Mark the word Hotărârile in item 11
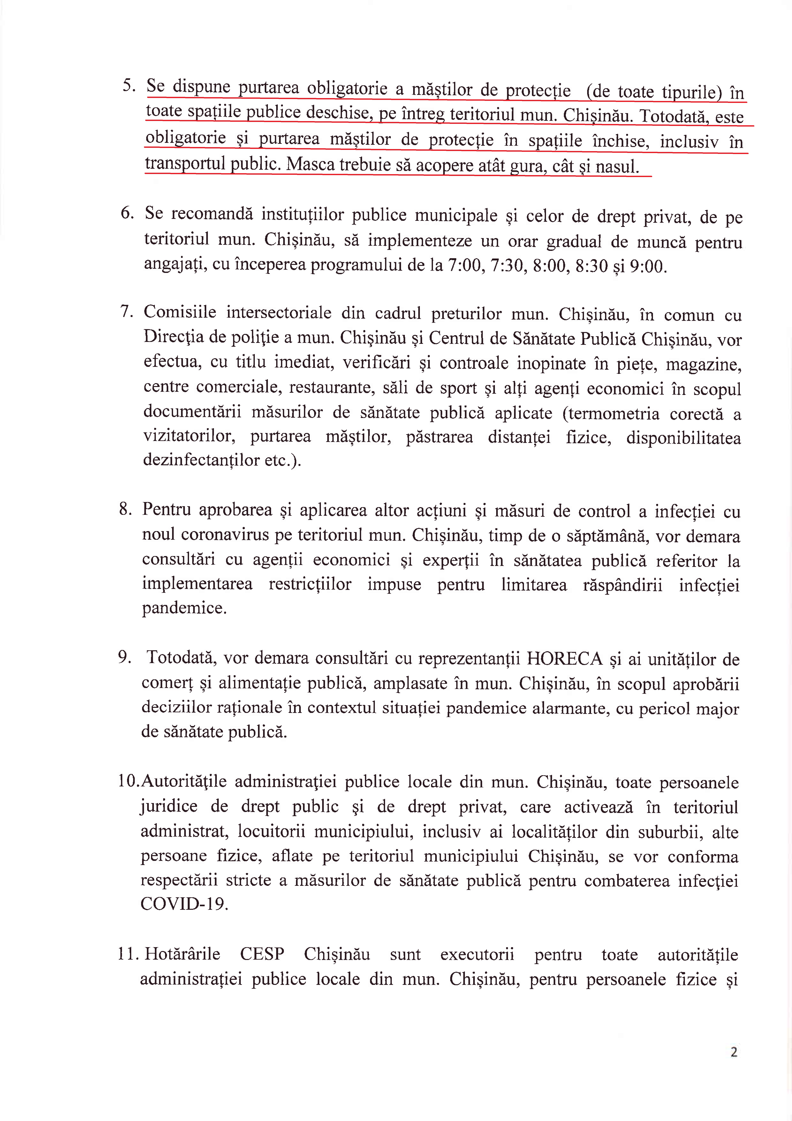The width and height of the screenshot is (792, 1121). pyautogui.click(x=182, y=954)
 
